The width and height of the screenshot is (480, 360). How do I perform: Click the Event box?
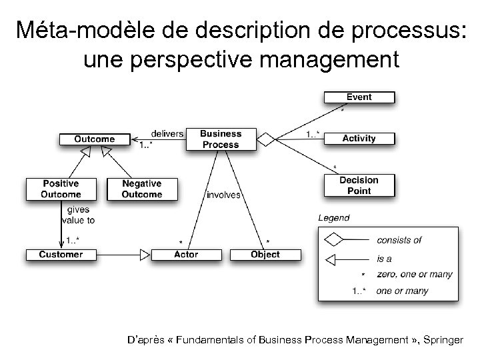tap(359, 97)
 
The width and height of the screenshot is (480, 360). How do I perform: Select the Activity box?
tap(359, 139)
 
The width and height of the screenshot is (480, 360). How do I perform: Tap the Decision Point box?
tap(359, 185)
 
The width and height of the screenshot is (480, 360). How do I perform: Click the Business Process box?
tap(221, 139)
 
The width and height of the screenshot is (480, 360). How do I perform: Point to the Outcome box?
tap(94, 139)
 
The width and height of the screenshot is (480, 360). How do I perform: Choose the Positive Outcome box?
tap(61, 189)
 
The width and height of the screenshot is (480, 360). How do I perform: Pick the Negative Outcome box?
tap(142, 189)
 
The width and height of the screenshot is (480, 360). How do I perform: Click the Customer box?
tap(61, 254)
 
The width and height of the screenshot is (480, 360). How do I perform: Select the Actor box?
tap(186, 254)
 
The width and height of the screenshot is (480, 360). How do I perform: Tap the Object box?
tap(265, 254)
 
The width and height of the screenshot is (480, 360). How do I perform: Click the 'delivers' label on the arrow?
tap(167, 133)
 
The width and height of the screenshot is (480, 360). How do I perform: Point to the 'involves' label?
tap(224, 195)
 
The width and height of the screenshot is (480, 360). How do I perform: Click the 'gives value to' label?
tap(78, 215)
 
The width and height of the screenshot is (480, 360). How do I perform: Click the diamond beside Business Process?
tap(266, 139)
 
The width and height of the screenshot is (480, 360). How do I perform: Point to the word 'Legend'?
tap(333, 218)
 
